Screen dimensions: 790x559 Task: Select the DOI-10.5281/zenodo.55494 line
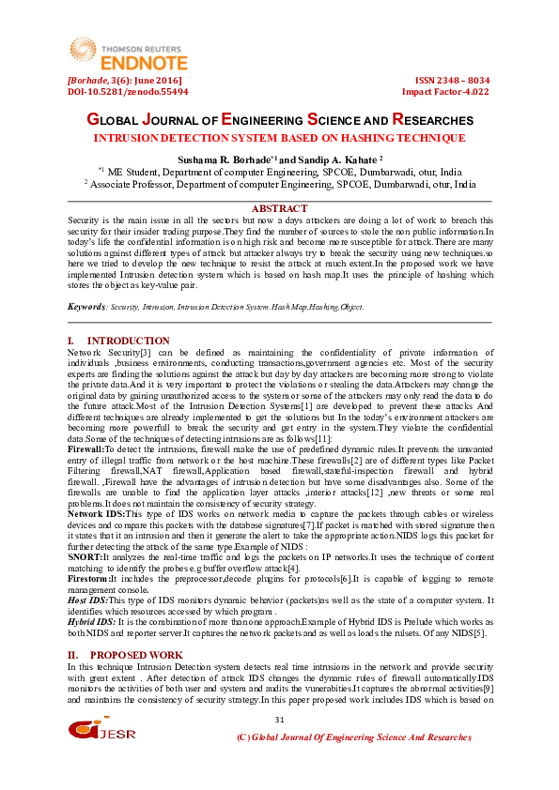pyautogui.click(x=128, y=92)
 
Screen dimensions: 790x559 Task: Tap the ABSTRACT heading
pyautogui.click(x=280, y=208)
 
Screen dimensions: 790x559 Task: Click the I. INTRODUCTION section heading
pyautogui.click(x=119, y=341)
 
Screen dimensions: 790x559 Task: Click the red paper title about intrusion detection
pyautogui.click(x=280, y=138)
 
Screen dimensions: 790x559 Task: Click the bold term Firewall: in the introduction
pyautogui.click(x=85, y=424)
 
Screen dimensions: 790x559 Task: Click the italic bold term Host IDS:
pyautogui.click(x=88, y=598)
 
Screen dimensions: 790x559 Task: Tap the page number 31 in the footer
pyautogui.click(x=279, y=719)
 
